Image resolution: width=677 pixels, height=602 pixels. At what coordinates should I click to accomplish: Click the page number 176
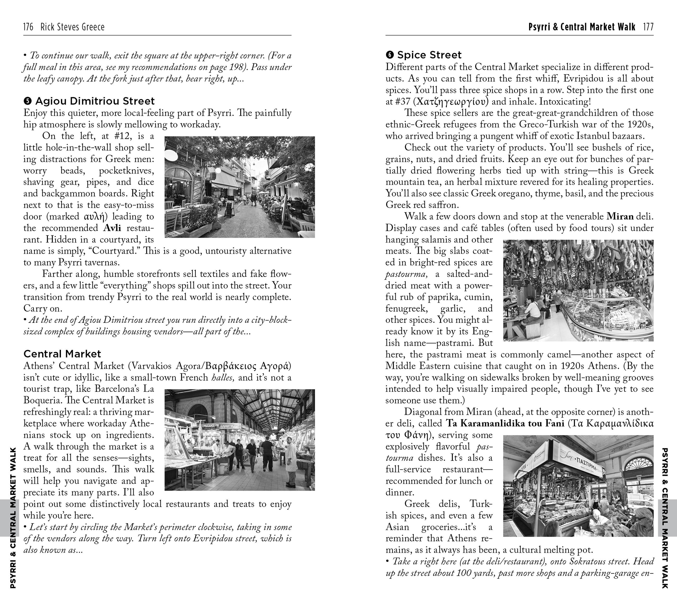coord(28,27)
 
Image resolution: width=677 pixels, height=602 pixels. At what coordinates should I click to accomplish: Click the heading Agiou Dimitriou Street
coord(95,101)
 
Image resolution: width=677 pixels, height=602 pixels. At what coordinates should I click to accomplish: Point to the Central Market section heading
coord(62,354)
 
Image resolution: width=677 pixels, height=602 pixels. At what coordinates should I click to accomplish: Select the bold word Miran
coord(620,217)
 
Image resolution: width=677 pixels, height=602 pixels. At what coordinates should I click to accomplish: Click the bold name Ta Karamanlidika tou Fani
coord(505,423)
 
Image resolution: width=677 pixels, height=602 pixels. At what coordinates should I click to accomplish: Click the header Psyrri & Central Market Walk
coord(582,27)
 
